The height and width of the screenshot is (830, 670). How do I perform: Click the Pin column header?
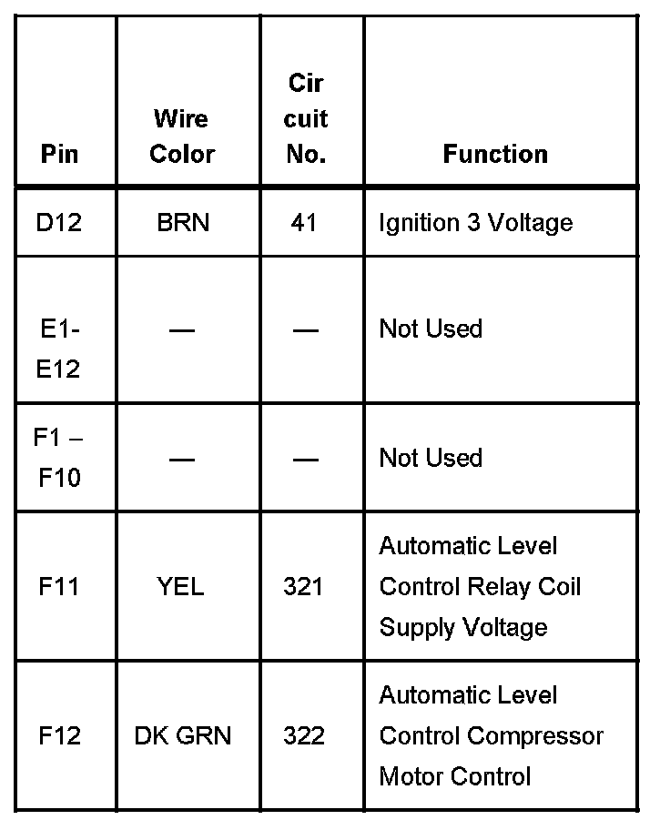point(60,154)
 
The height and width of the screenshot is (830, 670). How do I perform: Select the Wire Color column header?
point(181,137)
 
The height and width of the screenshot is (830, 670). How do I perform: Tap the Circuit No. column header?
point(306,119)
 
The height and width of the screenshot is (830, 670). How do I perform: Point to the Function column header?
point(495,154)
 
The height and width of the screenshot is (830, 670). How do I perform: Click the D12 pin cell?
point(59,222)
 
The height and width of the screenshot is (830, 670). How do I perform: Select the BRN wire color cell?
point(182,222)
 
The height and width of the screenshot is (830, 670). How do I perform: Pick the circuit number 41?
point(304,222)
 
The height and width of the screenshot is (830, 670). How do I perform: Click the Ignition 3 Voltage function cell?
point(475,222)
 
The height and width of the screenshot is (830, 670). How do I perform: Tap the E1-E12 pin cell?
point(59,349)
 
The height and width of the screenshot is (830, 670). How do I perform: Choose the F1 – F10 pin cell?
point(59,458)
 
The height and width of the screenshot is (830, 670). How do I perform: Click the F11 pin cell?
point(59,586)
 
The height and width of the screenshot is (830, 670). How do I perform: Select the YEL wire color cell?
point(181,586)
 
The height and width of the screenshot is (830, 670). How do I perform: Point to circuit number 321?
point(303,586)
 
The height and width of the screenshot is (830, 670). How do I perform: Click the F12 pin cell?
point(59,735)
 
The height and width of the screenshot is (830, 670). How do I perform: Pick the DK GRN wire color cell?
point(182,735)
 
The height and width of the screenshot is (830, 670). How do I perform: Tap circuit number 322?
point(304,735)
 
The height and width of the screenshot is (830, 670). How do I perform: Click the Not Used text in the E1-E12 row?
point(431,329)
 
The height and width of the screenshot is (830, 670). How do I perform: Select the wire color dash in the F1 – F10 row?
point(182,459)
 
